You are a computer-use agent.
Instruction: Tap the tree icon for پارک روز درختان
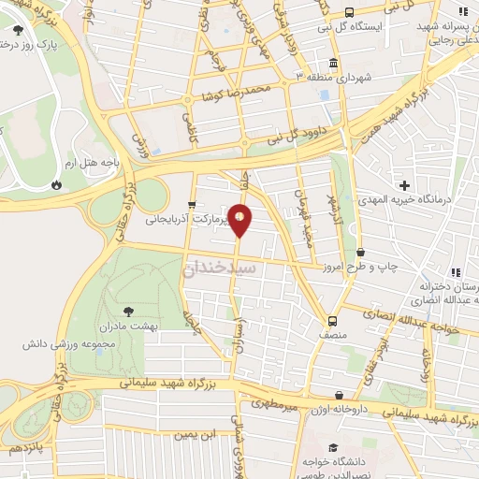coord(18,30)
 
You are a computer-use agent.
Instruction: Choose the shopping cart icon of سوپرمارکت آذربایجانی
coord(191,205)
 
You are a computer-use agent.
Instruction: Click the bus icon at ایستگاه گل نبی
coord(349,12)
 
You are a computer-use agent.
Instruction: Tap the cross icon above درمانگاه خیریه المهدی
coord(404,184)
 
